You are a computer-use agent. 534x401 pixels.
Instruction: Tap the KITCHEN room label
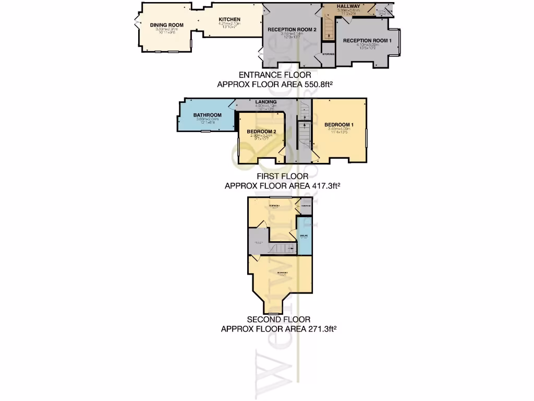pos(229,19)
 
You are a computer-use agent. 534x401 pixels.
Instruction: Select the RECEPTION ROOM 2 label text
pos(292,30)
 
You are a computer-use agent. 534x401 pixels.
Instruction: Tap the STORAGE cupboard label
pos(328,54)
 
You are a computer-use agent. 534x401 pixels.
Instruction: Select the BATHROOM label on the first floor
pos(208,115)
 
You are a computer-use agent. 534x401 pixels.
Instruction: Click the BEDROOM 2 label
pos(261,131)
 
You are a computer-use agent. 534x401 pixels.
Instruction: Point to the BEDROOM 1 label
pos(339,124)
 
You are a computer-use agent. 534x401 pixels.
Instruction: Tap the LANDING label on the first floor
pos(266,102)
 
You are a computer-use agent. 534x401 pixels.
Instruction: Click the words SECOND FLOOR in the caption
pos(278,320)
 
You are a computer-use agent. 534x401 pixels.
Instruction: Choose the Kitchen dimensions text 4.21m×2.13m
pos(229,23)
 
